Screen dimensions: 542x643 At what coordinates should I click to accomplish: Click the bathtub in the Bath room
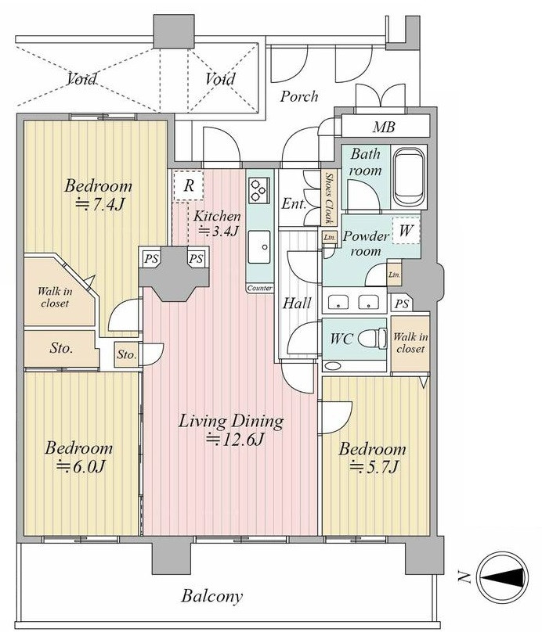(x=408, y=177)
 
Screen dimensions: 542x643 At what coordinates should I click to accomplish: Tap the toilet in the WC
(x=372, y=339)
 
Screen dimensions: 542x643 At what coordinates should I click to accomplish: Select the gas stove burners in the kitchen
(x=259, y=190)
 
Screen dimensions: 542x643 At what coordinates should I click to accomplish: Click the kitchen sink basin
(x=259, y=247)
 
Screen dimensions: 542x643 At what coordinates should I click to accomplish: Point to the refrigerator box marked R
(x=188, y=185)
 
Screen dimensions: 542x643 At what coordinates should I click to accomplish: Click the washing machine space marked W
(x=406, y=231)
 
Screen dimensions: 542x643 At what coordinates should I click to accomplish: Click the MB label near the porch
(x=384, y=128)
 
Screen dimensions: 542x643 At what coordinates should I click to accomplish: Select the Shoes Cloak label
(x=328, y=198)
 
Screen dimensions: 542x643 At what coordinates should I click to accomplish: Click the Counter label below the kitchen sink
(x=259, y=289)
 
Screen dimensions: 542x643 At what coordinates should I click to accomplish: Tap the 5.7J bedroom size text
(x=374, y=466)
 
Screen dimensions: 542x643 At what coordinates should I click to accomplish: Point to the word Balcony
(x=212, y=596)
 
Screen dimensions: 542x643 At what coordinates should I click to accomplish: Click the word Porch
(x=299, y=96)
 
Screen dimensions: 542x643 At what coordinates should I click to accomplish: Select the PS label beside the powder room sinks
(x=402, y=304)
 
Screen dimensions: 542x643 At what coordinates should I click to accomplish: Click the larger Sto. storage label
(x=61, y=348)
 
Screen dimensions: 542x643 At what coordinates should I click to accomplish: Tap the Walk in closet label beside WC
(x=410, y=343)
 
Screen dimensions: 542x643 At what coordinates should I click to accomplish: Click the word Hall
(x=298, y=303)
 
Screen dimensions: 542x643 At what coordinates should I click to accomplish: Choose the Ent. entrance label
(x=294, y=204)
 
